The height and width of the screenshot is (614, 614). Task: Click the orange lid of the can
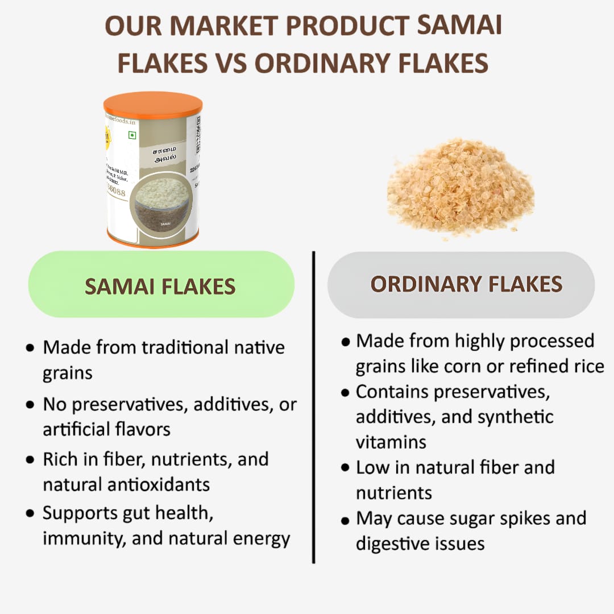(152, 104)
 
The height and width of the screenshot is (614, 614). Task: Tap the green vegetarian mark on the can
(132, 135)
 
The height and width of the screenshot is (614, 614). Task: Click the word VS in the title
(231, 63)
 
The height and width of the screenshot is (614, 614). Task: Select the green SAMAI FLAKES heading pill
(161, 285)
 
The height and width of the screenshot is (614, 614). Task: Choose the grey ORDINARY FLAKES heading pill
(461, 284)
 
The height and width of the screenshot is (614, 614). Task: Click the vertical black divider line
(314, 406)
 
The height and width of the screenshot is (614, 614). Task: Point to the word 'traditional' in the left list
(184, 347)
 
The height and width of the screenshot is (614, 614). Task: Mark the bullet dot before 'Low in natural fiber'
(345, 468)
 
